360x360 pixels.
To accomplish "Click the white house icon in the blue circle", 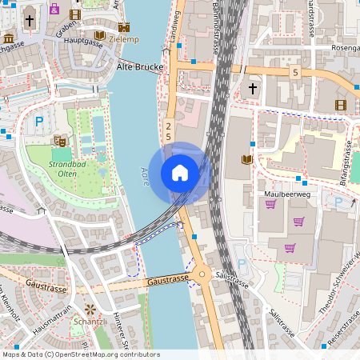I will [x=180, y=173].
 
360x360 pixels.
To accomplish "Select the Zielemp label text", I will [x=126, y=38].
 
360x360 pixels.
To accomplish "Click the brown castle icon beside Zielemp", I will [x=99, y=36].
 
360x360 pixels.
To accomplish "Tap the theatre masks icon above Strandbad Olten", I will [x=58, y=141].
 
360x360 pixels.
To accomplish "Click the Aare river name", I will [x=146, y=176].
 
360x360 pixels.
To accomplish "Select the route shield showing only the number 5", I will [x=295, y=73].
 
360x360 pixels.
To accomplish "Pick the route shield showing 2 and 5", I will [x=169, y=132].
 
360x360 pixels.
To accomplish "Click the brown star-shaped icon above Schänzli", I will [x=90, y=308].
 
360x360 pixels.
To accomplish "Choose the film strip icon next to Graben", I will [x=75, y=14].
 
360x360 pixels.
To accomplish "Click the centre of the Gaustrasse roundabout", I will [x=202, y=276].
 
